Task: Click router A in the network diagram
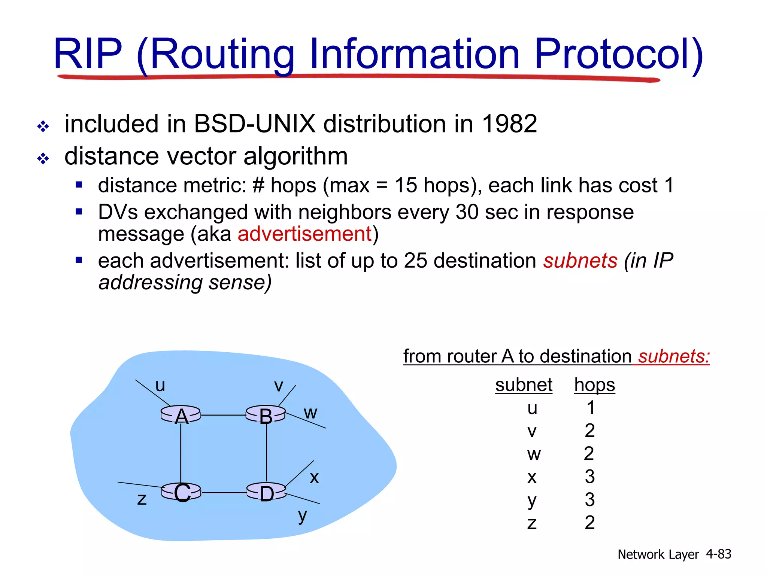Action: pos(181,415)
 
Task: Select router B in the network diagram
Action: pos(266,415)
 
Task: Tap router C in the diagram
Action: pos(182,492)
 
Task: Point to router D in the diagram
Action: pos(266,492)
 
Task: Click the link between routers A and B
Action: pos(223,415)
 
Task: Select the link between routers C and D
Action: pos(224,492)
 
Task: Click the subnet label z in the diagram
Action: pos(142,499)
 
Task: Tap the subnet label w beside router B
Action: pos(310,413)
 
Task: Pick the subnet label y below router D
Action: pos(303,516)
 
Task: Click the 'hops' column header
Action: pos(594,385)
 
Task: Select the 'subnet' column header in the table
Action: pos(524,385)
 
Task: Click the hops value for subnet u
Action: pos(591,408)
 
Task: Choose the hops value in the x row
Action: pos(589,477)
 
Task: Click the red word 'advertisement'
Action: pos(305,234)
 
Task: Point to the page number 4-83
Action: pos(718,554)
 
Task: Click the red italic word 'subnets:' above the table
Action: pos(674,356)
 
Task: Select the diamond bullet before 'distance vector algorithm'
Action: pos(43,158)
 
